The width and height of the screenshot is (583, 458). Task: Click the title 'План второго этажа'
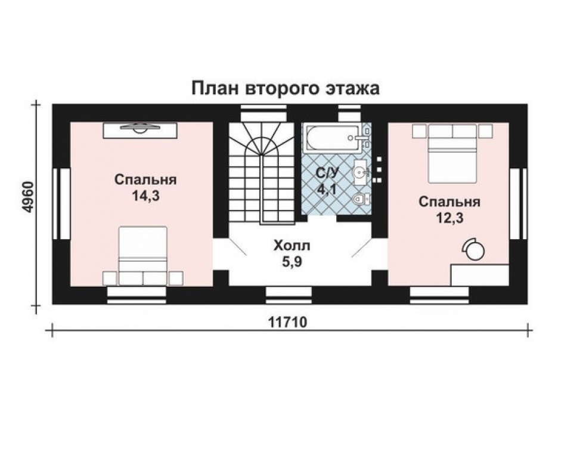285,89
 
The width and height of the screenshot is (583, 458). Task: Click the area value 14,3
145,195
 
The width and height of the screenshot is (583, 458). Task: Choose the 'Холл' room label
291,245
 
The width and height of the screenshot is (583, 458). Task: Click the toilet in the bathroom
359,200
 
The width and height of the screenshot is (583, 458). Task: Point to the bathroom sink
360,171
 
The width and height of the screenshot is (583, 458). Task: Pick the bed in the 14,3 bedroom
142,256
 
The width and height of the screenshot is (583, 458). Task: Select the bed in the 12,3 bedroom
452,153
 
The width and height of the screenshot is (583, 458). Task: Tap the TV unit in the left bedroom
141,129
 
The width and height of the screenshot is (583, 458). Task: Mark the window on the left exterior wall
61,203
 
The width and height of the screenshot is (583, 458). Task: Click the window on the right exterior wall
519,203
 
